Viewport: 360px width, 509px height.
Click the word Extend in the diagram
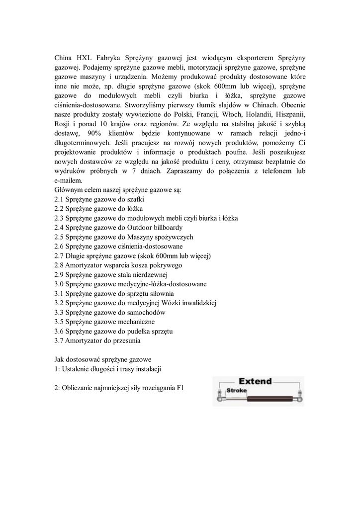coord(255,382)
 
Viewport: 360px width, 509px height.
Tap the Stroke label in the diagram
coord(237,391)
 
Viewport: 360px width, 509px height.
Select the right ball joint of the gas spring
coord(302,399)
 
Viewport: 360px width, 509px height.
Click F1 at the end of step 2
coord(180,389)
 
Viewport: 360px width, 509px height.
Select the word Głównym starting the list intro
coord(68,190)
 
